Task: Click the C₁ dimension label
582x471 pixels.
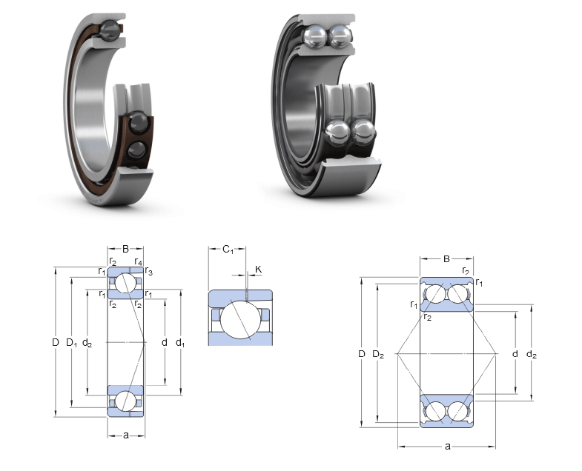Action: click(x=228, y=250)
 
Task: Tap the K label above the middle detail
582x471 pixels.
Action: click(x=258, y=270)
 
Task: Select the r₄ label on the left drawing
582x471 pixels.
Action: click(x=138, y=261)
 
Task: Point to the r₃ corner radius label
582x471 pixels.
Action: click(x=148, y=271)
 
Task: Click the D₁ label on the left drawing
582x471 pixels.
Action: click(x=72, y=343)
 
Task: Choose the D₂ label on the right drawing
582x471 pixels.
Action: click(x=378, y=355)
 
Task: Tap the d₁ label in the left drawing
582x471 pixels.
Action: click(x=180, y=343)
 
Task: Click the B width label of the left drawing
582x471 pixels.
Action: click(x=125, y=249)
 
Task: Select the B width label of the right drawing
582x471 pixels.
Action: click(x=446, y=259)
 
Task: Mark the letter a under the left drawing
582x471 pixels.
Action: click(x=125, y=435)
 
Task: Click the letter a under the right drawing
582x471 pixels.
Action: click(x=447, y=446)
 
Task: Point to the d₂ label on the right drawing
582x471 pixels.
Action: click(x=532, y=355)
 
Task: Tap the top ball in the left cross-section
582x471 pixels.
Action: click(x=125, y=284)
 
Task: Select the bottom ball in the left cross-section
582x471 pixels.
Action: click(x=125, y=401)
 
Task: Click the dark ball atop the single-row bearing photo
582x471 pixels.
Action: click(x=110, y=30)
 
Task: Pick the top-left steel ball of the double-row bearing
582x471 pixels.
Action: click(x=315, y=36)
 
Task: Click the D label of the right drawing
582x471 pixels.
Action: click(x=362, y=354)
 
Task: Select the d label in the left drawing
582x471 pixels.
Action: click(x=165, y=342)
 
